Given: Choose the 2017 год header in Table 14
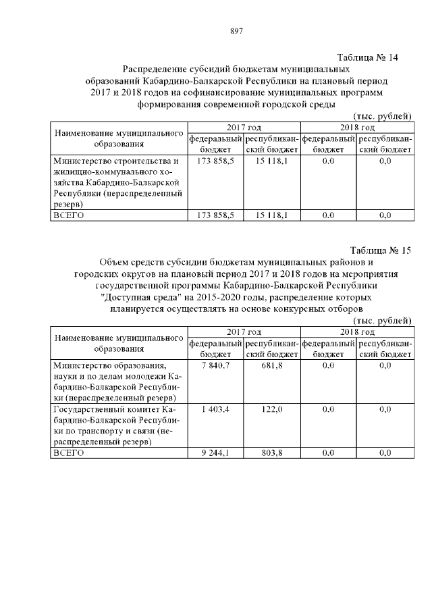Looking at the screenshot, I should [244, 128].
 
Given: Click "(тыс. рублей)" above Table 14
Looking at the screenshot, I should [382, 116].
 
